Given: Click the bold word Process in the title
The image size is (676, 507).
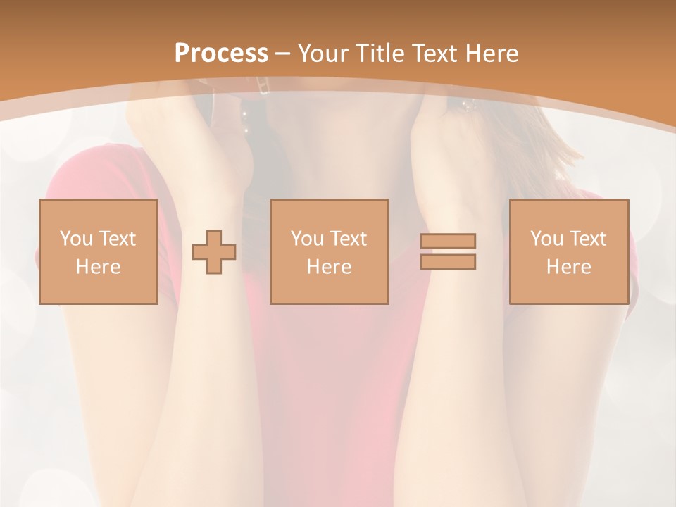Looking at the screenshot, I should [x=221, y=54].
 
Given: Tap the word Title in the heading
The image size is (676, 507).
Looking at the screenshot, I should [x=379, y=54].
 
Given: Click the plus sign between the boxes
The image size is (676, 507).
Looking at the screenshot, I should [x=214, y=252].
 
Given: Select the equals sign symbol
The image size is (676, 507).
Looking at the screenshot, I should [x=448, y=252].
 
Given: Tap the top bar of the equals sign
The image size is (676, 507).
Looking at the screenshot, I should [x=448, y=241].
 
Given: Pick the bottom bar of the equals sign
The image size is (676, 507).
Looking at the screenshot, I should [x=448, y=262].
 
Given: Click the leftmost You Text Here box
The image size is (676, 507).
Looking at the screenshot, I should [x=99, y=251].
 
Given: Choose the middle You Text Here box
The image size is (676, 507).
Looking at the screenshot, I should [x=329, y=251].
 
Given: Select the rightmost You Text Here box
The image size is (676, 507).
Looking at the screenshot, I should [x=569, y=251].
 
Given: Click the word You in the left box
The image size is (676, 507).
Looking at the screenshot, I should [x=76, y=239].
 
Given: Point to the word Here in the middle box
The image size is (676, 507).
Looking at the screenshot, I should [x=329, y=267].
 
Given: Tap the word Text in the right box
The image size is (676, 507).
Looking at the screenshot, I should [x=587, y=239].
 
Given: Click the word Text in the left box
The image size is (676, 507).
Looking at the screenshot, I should [x=117, y=239].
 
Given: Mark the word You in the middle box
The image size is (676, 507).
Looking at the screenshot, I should [x=307, y=239].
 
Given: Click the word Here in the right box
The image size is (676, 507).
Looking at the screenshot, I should [x=569, y=267].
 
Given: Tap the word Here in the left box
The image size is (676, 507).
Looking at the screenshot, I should [x=99, y=267].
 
